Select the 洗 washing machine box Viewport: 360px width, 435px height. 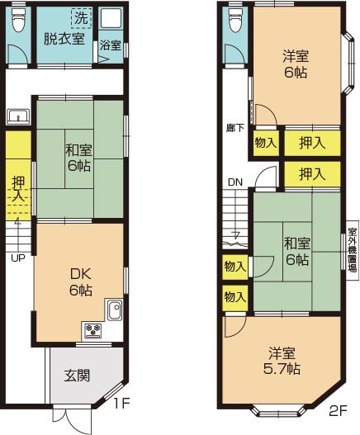81,18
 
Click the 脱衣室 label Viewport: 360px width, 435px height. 64,39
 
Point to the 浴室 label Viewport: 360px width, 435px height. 111,45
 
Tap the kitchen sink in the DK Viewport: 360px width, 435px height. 115,310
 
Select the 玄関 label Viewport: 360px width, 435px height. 77,376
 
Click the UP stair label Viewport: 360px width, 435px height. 18,258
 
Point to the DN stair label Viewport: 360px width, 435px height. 235,182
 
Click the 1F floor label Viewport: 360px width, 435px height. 122,404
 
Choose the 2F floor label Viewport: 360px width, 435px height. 338,410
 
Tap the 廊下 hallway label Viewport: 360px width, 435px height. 234,128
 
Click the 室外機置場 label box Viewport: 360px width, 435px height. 353,250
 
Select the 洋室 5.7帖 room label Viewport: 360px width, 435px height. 282,361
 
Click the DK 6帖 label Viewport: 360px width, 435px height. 80,282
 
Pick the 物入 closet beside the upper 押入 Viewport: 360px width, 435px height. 266,143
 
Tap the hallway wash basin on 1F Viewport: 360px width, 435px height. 18,116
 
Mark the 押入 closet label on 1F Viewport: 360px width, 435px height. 18,189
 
